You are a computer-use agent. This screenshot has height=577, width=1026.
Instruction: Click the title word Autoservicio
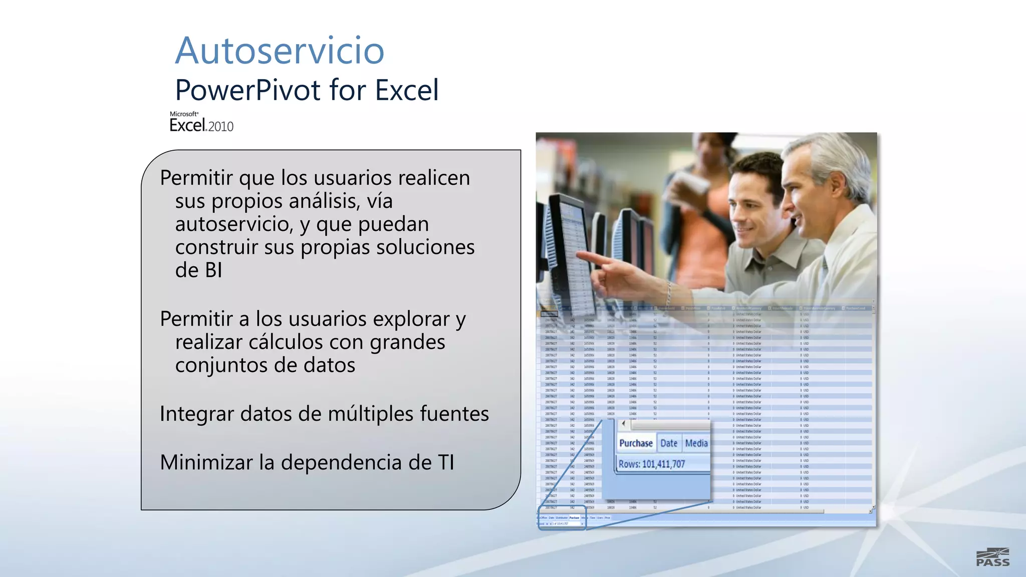280,51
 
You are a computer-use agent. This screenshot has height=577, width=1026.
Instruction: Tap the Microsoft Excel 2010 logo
201,122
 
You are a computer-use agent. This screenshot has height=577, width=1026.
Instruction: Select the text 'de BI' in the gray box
198,270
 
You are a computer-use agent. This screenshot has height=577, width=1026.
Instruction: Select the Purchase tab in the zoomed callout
636,443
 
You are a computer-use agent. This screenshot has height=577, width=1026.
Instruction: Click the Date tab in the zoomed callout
669,443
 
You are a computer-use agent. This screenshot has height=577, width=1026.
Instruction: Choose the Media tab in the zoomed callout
696,443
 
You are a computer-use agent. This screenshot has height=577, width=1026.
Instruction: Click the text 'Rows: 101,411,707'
651,464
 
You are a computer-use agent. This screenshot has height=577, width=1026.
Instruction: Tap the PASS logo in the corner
992,557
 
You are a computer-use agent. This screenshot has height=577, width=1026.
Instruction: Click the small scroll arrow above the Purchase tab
623,424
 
